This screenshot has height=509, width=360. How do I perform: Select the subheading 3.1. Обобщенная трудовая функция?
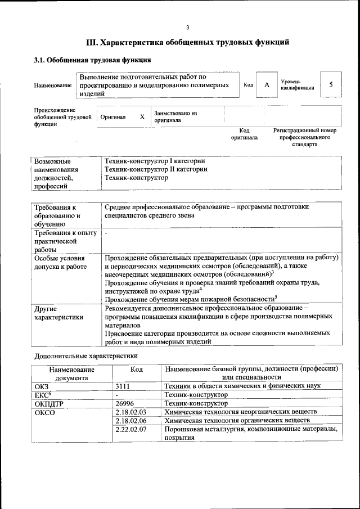[x=92, y=60]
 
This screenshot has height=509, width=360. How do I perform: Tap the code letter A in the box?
[x=267, y=85]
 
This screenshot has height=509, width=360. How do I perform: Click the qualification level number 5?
[x=331, y=85]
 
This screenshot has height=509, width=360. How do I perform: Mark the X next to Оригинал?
[x=142, y=116]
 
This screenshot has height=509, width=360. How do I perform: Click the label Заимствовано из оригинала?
[x=175, y=116]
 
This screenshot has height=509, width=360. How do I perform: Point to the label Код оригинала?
[x=244, y=134]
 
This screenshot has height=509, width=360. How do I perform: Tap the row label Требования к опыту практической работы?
[x=65, y=241]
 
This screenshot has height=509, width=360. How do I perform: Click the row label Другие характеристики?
[x=58, y=313]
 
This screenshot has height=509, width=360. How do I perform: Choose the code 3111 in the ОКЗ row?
[x=123, y=386]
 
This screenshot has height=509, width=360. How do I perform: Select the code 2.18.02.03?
[x=130, y=412]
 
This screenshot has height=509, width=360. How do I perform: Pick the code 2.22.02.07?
[x=130, y=429]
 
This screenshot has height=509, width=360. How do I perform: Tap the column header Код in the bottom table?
[x=136, y=370]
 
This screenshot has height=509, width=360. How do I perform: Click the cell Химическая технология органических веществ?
[x=237, y=420]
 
